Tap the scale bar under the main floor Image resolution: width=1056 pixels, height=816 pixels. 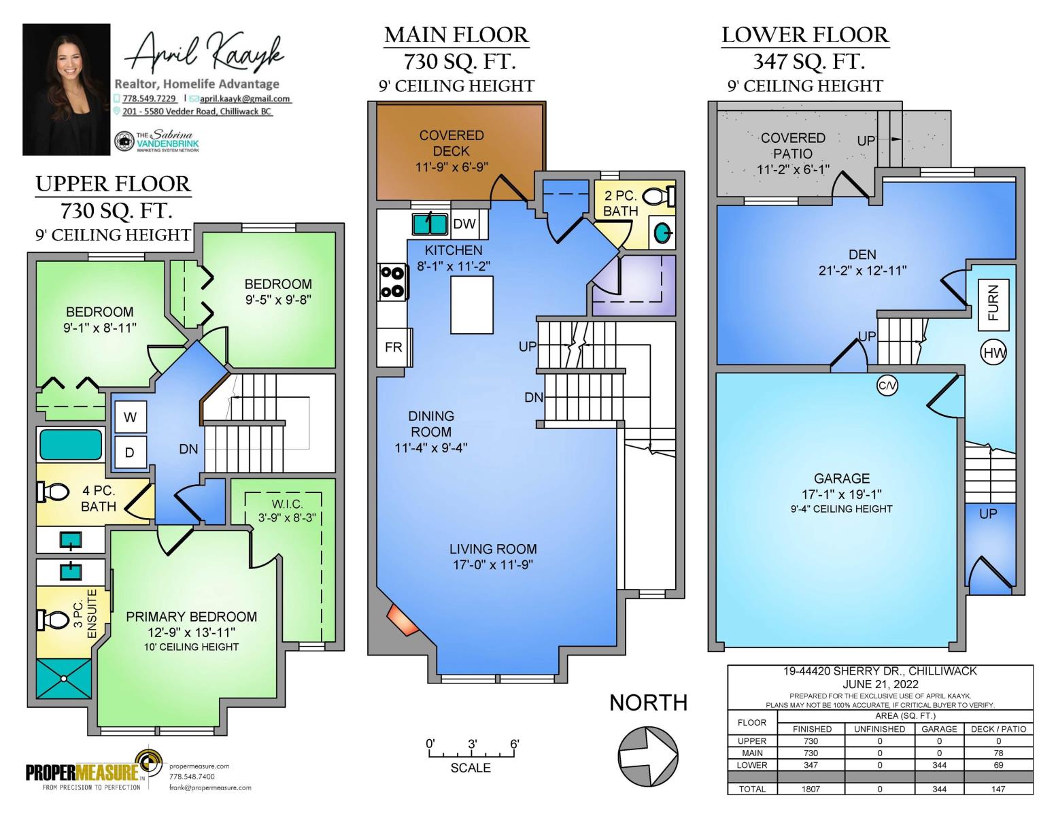click(471, 754)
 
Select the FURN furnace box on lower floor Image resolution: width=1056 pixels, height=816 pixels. click(993, 305)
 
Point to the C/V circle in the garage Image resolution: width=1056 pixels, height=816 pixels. click(887, 386)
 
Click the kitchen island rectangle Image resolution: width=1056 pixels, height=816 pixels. click(471, 305)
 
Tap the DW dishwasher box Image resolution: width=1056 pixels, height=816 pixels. click(464, 224)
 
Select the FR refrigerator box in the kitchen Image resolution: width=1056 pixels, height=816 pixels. click(394, 347)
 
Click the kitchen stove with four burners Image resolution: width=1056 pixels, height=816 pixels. click(393, 282)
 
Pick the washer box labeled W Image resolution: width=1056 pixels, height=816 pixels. click(131, 417)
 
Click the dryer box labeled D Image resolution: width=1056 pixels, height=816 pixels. click(131, 452)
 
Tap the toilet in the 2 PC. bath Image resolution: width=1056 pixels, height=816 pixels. click(658, 197)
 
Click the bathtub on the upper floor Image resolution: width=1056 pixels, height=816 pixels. click(71, 445)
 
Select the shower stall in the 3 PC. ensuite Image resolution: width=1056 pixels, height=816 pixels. click(64, 679)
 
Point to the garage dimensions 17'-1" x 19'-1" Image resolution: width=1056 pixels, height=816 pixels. click(841, 494)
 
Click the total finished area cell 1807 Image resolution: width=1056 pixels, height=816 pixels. click(811, 789)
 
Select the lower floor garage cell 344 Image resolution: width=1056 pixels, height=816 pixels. click(939, 765)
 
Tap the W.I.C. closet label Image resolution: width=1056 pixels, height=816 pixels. click(287, 504)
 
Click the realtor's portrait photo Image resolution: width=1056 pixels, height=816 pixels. click(66, 90)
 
